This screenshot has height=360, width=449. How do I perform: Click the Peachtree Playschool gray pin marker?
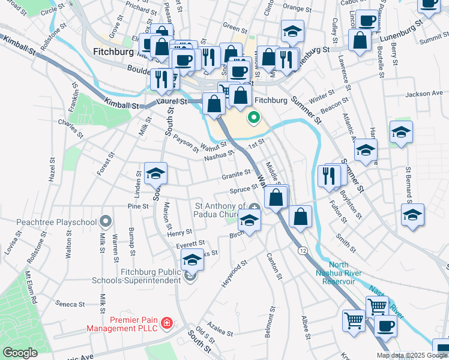pyautogui.click(x=106, y=222)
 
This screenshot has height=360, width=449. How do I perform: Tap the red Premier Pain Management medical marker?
pyautogui.click(x=166, y=324)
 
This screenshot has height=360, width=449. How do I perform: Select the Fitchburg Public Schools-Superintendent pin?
pyautogui.click(x=191, y=276)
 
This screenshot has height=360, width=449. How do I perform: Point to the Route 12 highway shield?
pyautogui.click(x=304, y=250)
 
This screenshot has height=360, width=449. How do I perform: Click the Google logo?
pyautogui.click(x=20, y=352)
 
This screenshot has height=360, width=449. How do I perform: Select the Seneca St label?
pyautogui.click(x=67, y=304)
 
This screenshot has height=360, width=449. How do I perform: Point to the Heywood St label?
pyautogui.click(x=235, y=273)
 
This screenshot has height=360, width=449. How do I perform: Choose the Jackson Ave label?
pyautogui.click(x=423, y=94)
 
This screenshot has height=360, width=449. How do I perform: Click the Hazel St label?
pyautogui.click(x=52, y=175)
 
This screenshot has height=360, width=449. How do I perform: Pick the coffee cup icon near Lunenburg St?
pyautogui.click(x=367, y=21)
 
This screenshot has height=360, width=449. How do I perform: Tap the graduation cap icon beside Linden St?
pyautogui.click(x=156, y=175)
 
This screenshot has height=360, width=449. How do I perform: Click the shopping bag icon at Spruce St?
pyautogui.click(x=276, y=197)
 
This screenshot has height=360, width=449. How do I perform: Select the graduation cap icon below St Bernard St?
pyautogui.click(x=412, y=215)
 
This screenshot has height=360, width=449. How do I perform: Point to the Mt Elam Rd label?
pyautogui.click(x=31, y=286)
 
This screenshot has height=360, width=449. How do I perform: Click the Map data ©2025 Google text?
pyautogui.click(x=411, y=355)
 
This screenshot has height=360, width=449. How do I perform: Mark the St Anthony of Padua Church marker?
pyautogui.click(x=255, y=208)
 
